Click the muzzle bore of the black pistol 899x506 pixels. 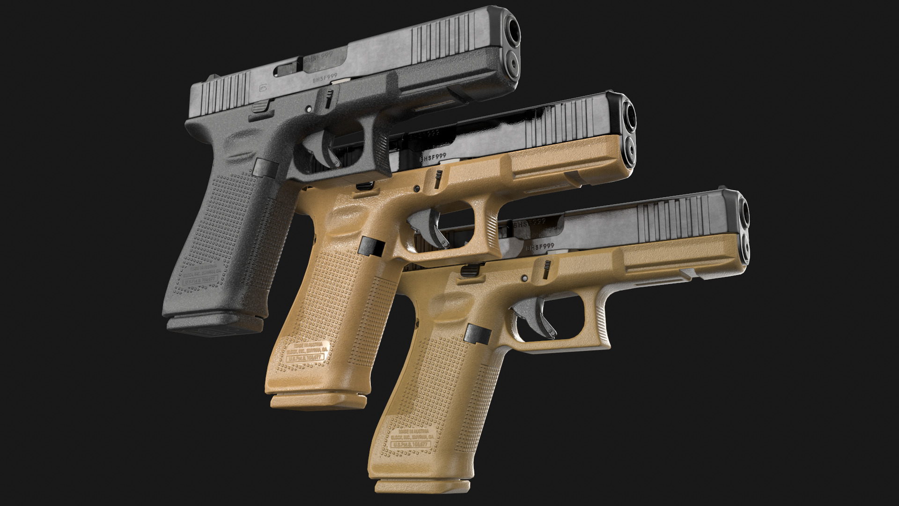coord(513,30)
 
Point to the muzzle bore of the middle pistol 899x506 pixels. coord(630,115)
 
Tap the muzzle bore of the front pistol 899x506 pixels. coord(744,213)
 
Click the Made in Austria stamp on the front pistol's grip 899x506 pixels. coord(412,433)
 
